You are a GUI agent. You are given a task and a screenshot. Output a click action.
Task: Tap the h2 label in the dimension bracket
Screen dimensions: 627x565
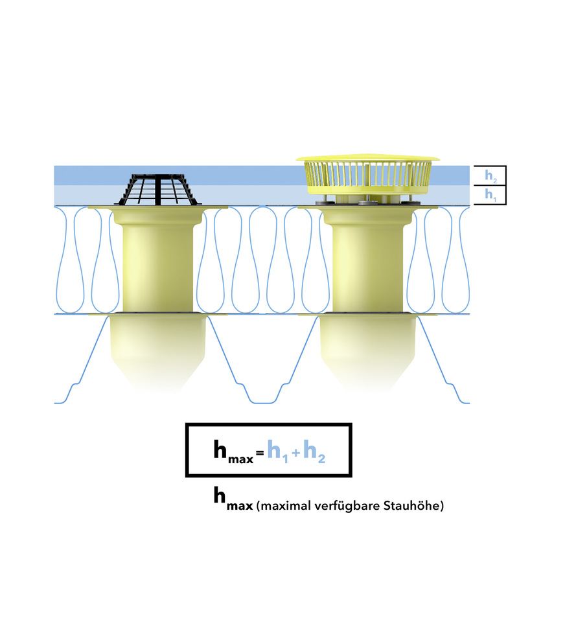pyautogui.click(x=490, y=176)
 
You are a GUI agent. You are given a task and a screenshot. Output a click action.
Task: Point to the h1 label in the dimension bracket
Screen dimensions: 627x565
pyautogui.click(x=490, y=194)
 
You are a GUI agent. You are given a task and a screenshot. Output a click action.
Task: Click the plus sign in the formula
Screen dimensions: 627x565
pyautogui.click(x=295, y=453)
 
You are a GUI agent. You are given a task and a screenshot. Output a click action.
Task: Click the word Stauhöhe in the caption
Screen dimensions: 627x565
pyautogui.click(x=415, y=506)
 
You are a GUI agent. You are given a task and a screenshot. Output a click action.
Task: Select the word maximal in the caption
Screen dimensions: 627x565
pyautogui.click(x=280, y=506)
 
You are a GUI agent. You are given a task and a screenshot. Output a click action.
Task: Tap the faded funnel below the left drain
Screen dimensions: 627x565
pyautogui.click(x=157, y=353)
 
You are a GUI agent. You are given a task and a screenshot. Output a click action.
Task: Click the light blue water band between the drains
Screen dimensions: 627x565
pyautogui.click(x=253, y=194)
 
